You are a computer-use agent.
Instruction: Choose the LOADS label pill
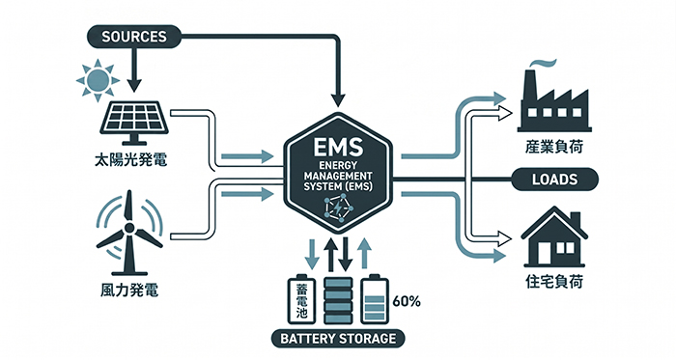click(x=555, y=180)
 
